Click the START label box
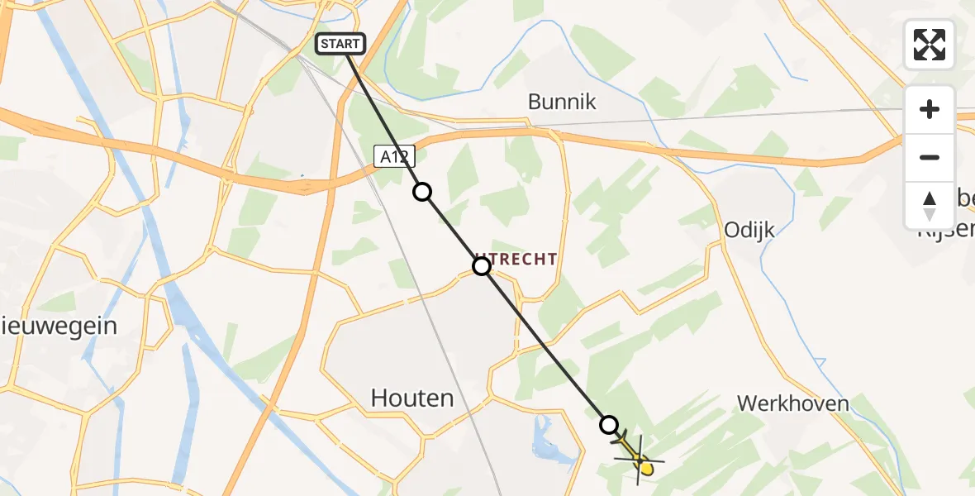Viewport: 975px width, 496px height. click(340, 43)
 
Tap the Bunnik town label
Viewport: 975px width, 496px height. click(562, 102)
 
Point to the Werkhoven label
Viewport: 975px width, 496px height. click(793, 403)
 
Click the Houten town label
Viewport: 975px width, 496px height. click(412, 398)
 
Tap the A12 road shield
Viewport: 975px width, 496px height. click(393, 156)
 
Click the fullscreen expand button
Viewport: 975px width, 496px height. click(930, 45)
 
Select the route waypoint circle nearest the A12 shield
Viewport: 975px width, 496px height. click(422, 192)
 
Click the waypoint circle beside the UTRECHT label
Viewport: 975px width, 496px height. click(481, 266)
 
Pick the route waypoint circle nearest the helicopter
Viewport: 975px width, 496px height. click(609, 425)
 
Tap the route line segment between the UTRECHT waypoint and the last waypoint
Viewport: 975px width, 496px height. click(545, 346)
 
